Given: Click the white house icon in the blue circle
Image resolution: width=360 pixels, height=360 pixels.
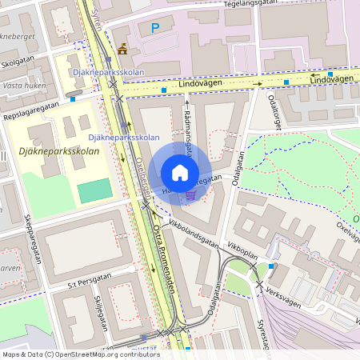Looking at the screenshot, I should click(180, 173).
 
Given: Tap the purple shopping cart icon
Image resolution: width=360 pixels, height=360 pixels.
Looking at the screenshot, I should click(190, 194).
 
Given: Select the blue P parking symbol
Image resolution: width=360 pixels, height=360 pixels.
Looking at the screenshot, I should click(155, 28).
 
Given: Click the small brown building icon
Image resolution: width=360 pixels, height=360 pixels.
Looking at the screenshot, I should click(122, 49).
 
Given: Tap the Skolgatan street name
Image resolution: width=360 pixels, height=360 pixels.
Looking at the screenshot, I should click(18, 60).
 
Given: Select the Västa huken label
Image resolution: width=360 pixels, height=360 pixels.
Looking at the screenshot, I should click(23, 83).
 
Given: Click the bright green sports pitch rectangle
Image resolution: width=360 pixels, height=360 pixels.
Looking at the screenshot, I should click(95, 190).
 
